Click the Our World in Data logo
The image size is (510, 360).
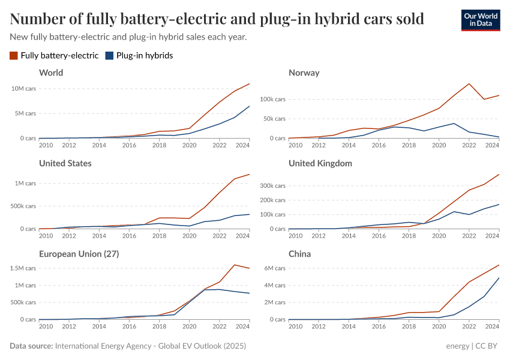click(x=481, y=20)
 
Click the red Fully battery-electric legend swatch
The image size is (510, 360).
click(x=14, y=56)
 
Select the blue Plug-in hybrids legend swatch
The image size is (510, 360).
click(x=109, y=56)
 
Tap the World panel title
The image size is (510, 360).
click(x=51, y=73)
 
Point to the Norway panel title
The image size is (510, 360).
click(x=304, y=73)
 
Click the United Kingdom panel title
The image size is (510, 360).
click(x=320, y=163)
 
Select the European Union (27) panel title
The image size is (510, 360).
click(x=79, y=254)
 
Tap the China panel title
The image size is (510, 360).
click(x=299, y=254)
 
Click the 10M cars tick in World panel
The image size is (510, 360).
click(x=23, y=88)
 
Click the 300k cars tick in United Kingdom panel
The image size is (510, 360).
click(x=271, y=186)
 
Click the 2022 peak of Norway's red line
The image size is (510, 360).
click(x=469, y=83)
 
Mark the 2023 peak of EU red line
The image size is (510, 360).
click(x=234, y=265)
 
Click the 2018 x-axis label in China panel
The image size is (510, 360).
click(x=409, y=326)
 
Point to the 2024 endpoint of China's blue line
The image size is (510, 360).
click(x=499, y=278)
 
